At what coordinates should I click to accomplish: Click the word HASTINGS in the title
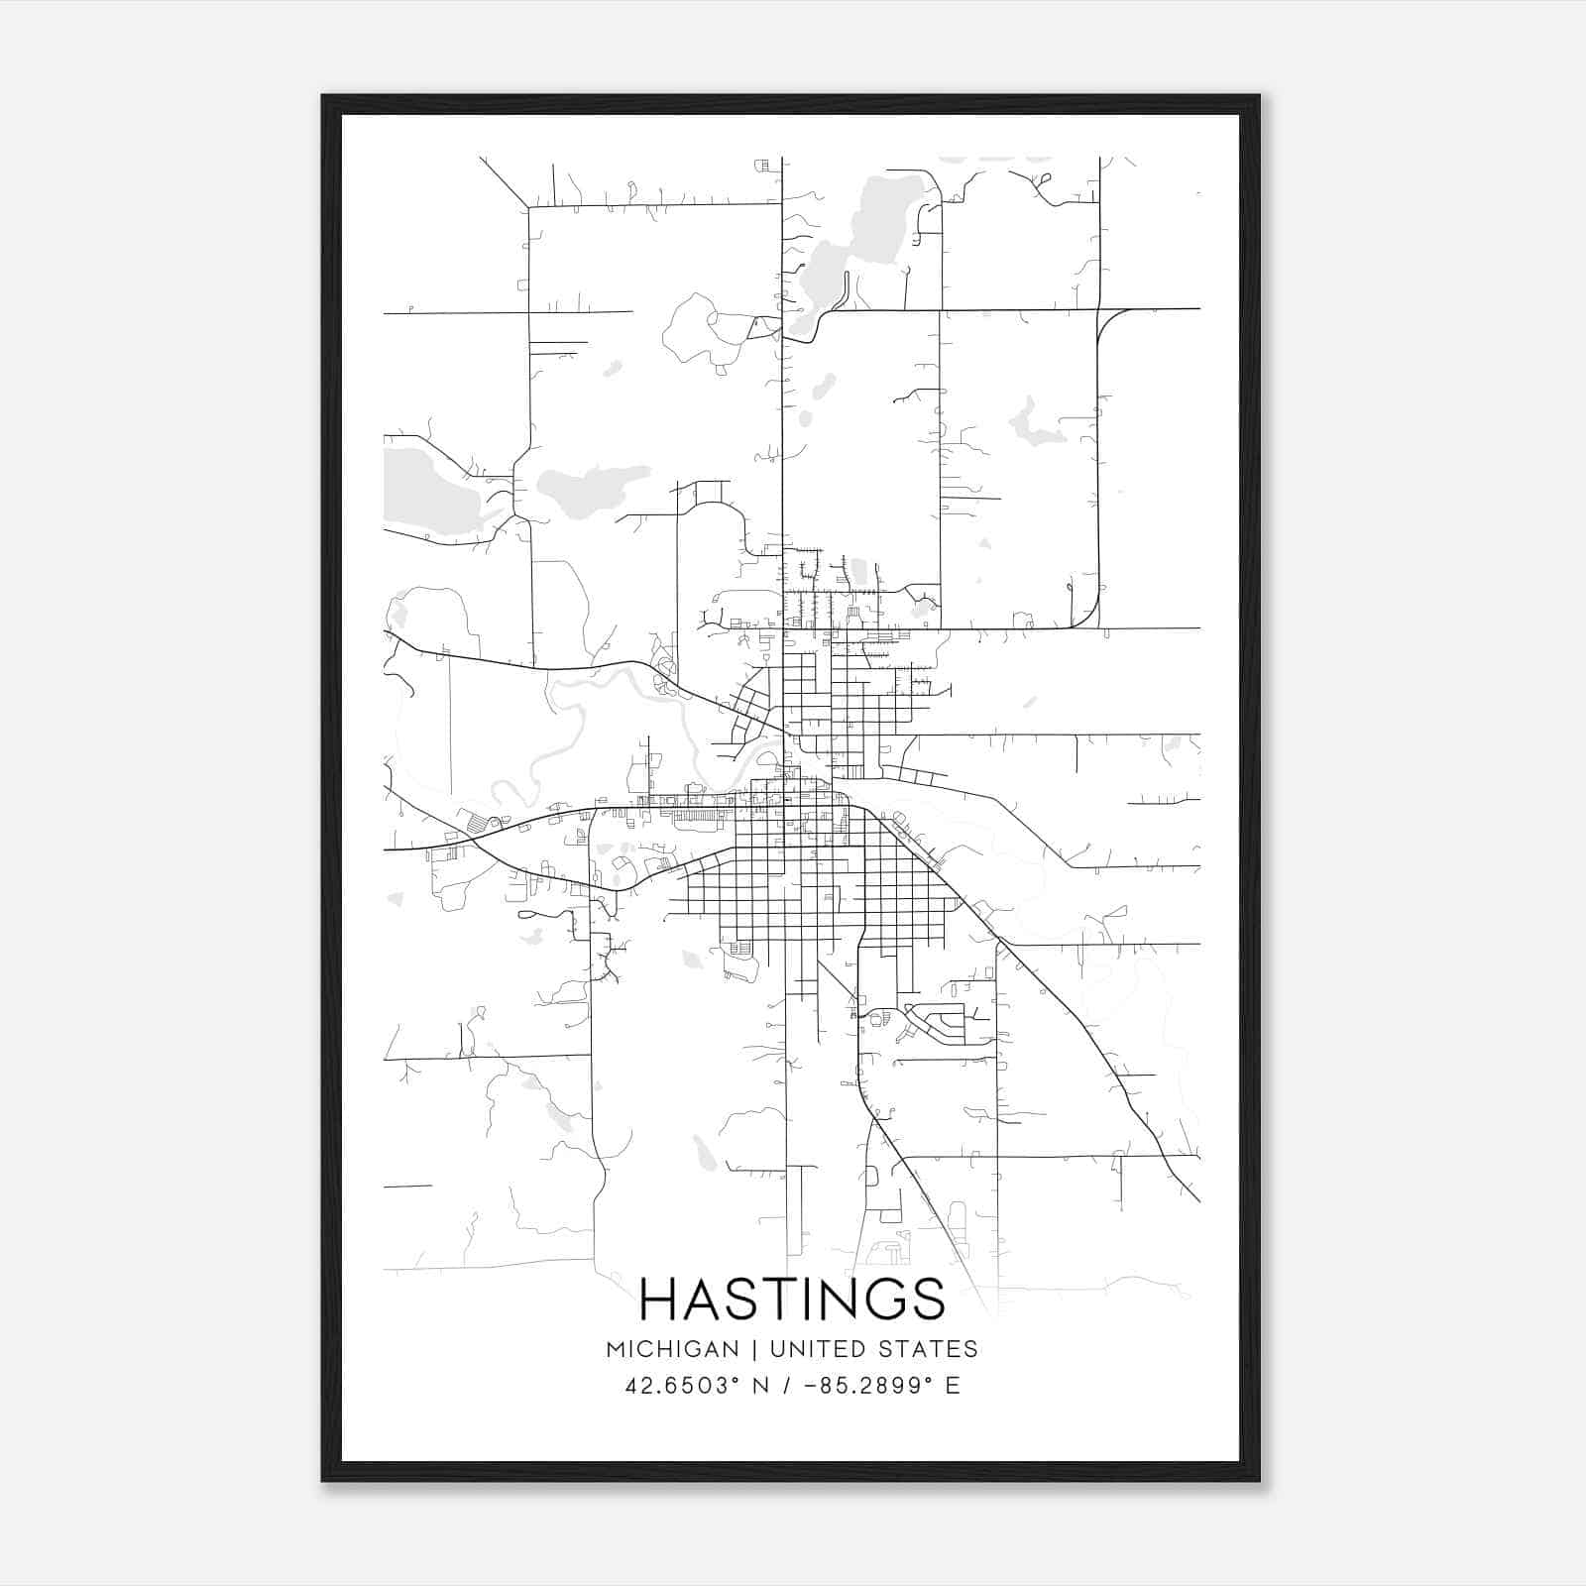[792, 1299]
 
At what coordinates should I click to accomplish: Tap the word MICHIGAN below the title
[673, 1349]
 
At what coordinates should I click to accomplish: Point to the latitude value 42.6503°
[684, 1386]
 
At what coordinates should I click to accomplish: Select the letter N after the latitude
[760, 1386]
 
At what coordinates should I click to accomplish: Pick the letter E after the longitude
[953, 1386]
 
